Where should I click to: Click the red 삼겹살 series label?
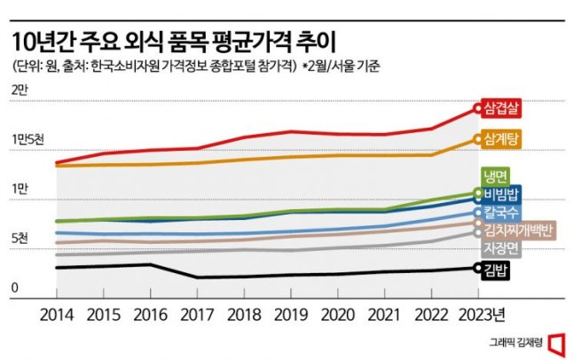coord(503,108)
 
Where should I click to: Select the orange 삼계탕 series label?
coord(503,138)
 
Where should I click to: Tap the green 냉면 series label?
coord(495,175)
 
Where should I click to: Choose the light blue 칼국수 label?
coord(503,213)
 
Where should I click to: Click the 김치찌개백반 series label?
coord(519,231)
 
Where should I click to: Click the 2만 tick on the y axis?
coord(20,90)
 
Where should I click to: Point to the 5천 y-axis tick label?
coord(20,239)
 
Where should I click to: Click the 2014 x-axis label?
coord(56,315)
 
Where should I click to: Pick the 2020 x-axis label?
coord(336,315)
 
